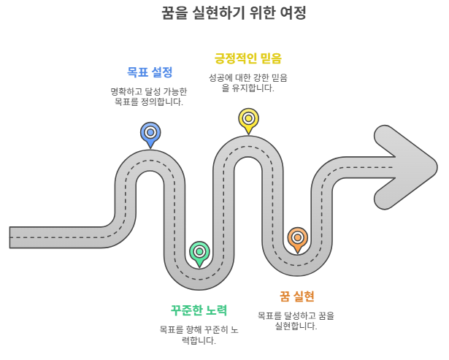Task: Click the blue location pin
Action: point(150,133)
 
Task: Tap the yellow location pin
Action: point(248,118)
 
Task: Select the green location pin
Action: point(199,252)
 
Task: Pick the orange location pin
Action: point(297,238)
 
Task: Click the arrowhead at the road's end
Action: point(409,168)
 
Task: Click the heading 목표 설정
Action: point(150,72)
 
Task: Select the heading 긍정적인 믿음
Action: point(247,58)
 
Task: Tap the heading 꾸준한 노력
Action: point(199,310)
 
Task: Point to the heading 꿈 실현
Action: point(296,296)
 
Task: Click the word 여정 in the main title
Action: point(293,13)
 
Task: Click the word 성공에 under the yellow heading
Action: point(223,77)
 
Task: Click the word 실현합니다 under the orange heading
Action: point(296,326)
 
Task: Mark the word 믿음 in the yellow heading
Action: point(269,58)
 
